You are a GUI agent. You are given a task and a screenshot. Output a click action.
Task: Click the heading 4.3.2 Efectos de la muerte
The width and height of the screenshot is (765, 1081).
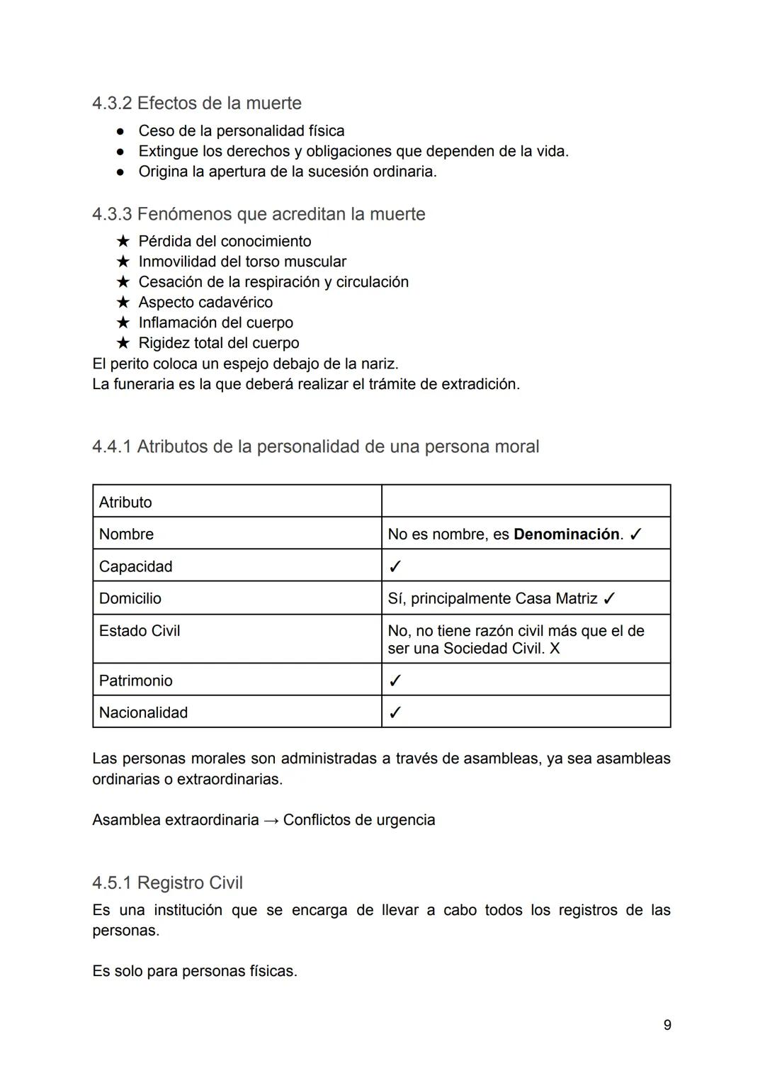197,103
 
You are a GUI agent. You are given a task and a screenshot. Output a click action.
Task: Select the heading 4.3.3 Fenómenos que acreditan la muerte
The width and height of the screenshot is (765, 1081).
259,214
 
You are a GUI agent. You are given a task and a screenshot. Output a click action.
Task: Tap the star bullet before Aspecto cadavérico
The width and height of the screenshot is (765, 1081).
123,303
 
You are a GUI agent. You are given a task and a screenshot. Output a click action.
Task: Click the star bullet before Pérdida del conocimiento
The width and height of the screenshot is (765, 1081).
123,242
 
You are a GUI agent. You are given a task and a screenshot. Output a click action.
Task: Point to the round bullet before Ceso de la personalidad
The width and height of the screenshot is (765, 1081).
121,132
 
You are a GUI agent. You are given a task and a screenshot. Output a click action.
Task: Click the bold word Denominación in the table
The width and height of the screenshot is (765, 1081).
566,534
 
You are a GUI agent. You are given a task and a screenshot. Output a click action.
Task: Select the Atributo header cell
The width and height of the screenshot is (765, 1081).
125,503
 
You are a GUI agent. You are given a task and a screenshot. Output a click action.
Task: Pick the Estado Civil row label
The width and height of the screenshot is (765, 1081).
140,631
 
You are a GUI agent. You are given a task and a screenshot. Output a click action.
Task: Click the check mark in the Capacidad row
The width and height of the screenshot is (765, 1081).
395,567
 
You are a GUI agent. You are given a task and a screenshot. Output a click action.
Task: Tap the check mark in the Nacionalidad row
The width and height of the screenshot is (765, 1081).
395,713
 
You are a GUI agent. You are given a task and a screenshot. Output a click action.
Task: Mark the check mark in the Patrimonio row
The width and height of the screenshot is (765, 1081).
395,681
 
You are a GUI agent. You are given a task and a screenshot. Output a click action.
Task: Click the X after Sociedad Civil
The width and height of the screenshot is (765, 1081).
555,649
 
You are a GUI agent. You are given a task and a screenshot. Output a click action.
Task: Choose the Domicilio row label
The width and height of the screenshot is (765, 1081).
130,599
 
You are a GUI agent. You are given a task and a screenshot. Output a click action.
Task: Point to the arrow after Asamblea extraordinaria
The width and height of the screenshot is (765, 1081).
271,821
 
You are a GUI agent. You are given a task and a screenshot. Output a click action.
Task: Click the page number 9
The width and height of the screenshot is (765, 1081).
667,1025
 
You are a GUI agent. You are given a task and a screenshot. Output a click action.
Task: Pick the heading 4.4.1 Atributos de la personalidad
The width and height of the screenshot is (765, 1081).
315,447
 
